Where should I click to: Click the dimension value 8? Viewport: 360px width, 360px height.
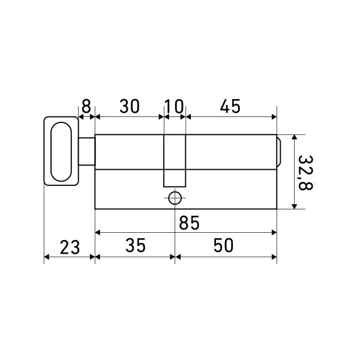click(x=86, y=106)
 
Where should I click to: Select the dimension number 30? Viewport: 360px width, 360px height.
click(x=130, y=106)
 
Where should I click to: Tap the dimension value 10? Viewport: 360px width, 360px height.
click(x=175, y=106)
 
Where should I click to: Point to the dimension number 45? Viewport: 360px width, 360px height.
click(x=230, y=106)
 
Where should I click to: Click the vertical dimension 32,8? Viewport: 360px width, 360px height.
click(x=305, y=173)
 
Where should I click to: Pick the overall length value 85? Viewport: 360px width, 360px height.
click(x=189, y=223)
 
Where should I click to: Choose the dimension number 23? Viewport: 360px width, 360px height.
click(x=70, y=247)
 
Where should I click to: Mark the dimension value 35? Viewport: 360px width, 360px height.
click(x=136, y=245)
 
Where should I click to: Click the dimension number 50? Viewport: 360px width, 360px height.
click(x=223, y=245)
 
